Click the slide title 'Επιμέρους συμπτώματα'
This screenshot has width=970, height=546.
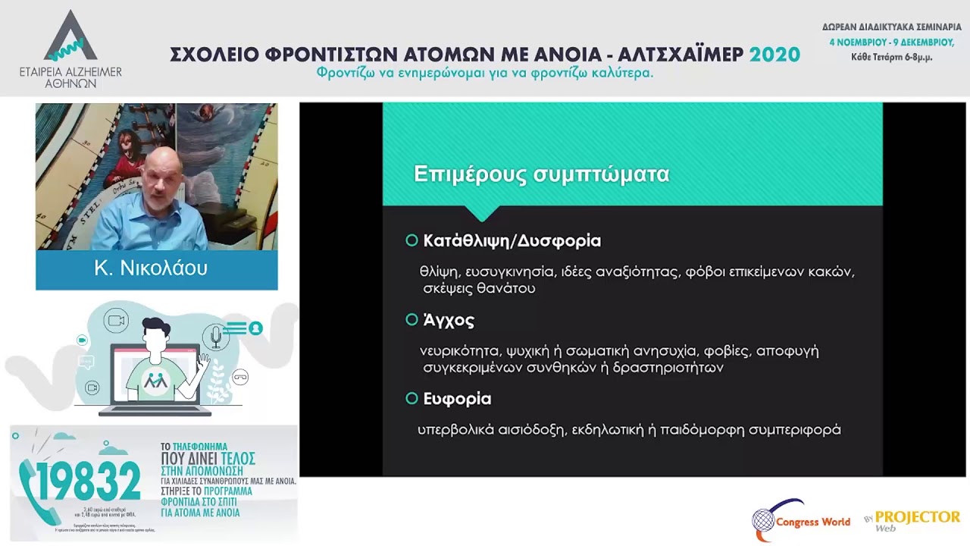click(541, 174)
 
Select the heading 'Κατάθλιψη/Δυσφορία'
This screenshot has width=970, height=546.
click(512, 241)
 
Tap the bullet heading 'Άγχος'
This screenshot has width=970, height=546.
click(449, 321)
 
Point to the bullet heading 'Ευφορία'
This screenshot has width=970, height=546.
click(457, 399)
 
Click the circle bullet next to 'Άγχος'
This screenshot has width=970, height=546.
click(411, 320)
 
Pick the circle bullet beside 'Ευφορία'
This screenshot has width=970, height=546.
click(411, 398)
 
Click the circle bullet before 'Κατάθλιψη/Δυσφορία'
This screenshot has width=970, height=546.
click(411, 240)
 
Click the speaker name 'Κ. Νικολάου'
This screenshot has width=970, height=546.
click(151, 268)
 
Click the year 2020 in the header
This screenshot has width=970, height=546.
click(774, 55)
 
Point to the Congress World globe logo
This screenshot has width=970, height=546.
click(766, 521)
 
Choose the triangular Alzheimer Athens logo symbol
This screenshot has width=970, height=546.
click(70, 38)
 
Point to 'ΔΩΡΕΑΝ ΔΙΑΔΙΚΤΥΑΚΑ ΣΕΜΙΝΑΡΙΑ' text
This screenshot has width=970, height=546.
click(891, 27)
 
